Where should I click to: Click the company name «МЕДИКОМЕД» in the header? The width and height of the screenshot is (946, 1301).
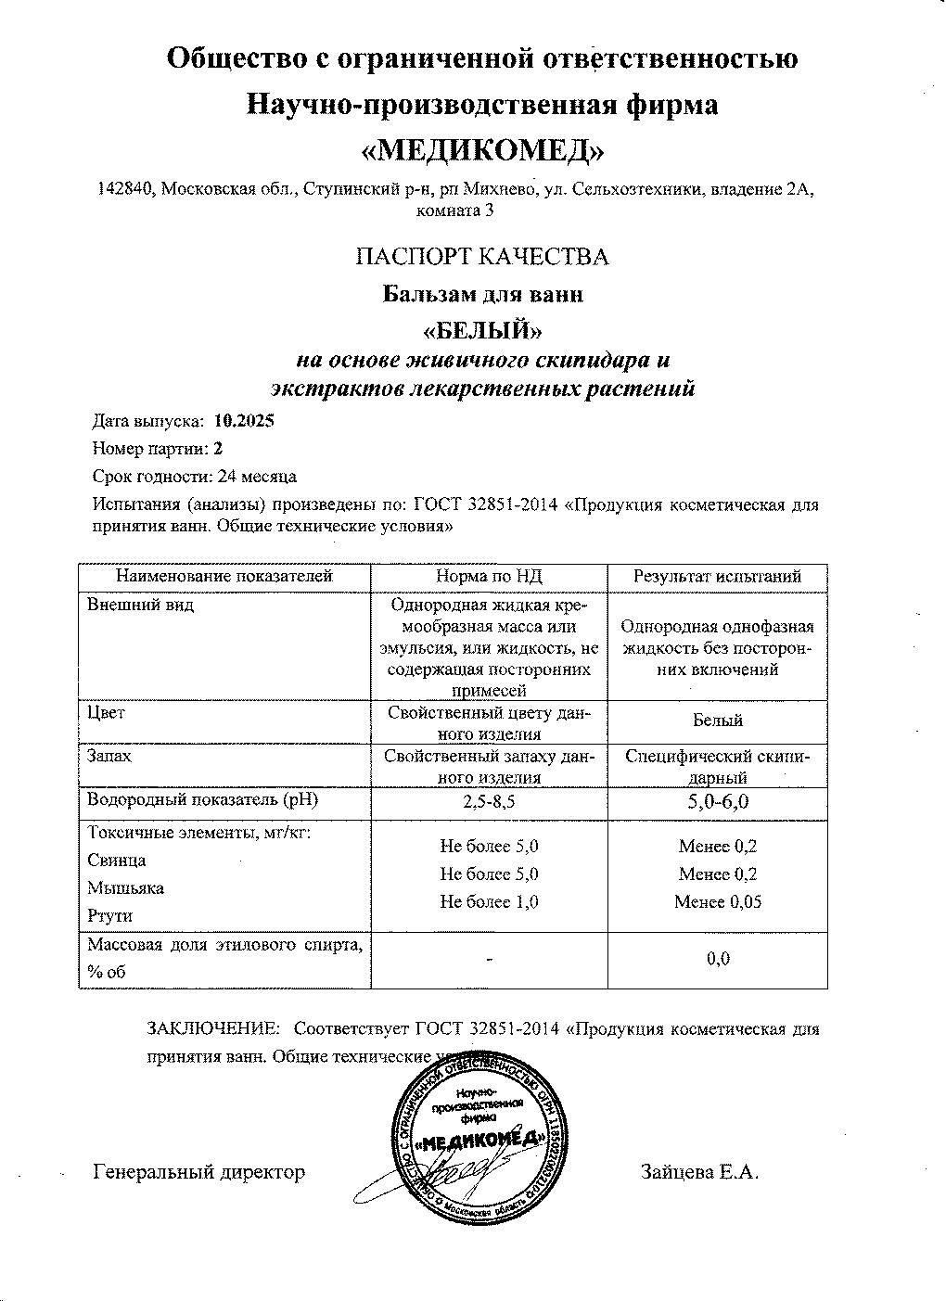[482, 148]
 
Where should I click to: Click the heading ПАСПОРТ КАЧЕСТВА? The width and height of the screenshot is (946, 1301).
[482, 257]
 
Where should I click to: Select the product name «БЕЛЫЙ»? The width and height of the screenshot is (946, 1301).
[482, 329]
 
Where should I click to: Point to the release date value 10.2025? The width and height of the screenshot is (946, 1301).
[244, 420]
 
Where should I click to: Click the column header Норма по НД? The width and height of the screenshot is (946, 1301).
[489, 577]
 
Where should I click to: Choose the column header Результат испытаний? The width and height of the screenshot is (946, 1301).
[717, 577]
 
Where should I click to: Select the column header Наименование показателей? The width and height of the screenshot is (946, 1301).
[224, 577]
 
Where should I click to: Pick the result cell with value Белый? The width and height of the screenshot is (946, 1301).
[717, 720]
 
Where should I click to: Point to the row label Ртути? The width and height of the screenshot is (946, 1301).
[109, 915]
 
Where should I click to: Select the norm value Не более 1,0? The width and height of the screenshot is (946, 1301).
[489, 901]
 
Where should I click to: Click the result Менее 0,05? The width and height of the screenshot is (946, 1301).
[717, 901]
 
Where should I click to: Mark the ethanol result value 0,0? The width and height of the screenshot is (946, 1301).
[717, 959]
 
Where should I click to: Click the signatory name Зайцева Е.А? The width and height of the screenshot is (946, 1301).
[699, 1172]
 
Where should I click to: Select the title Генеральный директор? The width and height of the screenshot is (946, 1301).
[199, 1172]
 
